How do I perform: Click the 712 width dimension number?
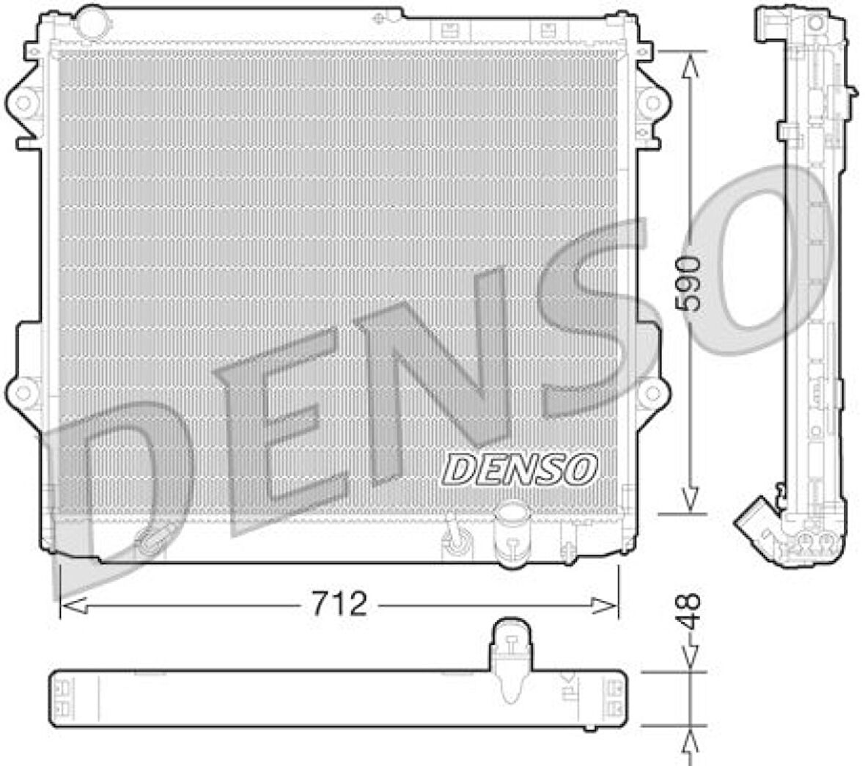pyautogui.click(x=339, y=604)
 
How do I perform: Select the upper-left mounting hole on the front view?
pyautogui.click(x=24, y=102)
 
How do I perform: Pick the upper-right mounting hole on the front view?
pyautogui.click(x=651, y=102)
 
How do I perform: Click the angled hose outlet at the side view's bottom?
pyautogui.click(x=755, y=522)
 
